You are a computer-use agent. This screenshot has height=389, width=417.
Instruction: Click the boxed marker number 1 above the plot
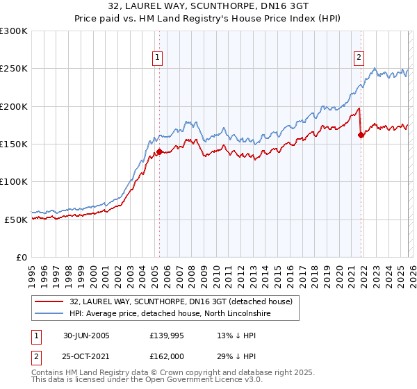coord(158,58)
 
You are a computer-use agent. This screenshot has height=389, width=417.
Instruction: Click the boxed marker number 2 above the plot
coord(359,58)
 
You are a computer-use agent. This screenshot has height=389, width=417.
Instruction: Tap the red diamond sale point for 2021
coord(361,135)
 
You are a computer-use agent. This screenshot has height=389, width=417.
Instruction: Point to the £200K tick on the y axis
coord(14,106)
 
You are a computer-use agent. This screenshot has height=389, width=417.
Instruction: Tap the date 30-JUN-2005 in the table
coord(91,336)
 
